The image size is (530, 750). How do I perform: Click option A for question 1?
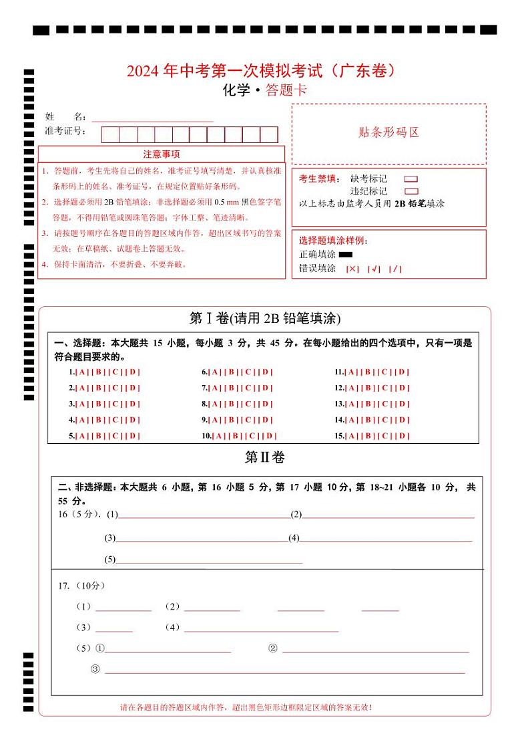[80, 372]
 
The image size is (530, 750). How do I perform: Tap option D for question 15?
[403, 436]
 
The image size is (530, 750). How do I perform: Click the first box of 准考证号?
[110, 134]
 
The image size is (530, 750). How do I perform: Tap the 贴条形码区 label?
[388, 132]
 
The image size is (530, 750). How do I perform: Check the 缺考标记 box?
[411, 179]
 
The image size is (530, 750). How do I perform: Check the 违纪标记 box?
[411, 191]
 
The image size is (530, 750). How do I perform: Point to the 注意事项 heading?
[161, 154]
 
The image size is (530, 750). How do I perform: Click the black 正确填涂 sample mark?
[345, 255]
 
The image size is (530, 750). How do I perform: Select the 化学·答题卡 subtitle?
[264, 91]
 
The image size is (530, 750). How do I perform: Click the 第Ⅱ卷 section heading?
[264, 458]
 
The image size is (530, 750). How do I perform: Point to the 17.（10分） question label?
[81, 586]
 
